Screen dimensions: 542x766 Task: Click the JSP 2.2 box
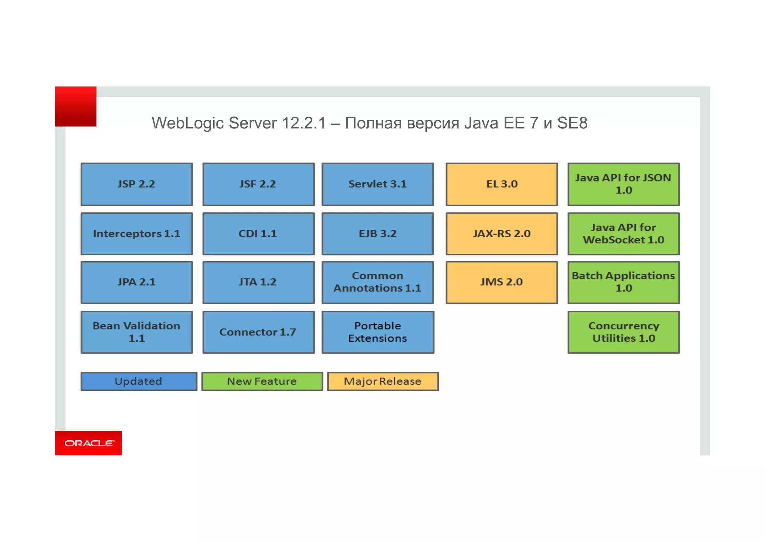click(x=137, y=184)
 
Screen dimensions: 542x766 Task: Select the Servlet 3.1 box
click(x=377, y=184)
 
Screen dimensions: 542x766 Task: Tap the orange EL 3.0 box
click(x=502, y=184)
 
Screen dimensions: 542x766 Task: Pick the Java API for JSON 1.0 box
click(x=623, y=184)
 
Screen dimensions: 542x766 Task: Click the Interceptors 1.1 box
click(x=137, y=234)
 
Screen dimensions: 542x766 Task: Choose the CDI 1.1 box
click(x=258, y=234)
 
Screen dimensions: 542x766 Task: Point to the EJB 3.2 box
click(x=377, y=234)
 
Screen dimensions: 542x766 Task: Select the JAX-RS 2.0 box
click(x=502, y=234)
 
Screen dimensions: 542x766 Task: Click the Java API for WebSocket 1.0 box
click(x=623, y=234)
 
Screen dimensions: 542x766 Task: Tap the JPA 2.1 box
click(x=137, y=282)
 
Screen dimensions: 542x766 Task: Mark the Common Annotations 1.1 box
click(x=377, y=282)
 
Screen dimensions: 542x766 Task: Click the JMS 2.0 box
click(x=502, y=282)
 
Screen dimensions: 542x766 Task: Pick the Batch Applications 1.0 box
click(x=623, y=282)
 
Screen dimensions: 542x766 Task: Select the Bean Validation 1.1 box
click(x=137, y=332)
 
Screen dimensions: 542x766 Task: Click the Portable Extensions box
click(x=377, y=332)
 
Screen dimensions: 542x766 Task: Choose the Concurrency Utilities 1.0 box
click(x=623, y=332)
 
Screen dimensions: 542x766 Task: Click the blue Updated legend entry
click(x=139, y=381)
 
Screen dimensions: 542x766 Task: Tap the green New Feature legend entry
click(x=262, y=381)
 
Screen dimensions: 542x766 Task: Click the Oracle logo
click(x=89, y=443)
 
